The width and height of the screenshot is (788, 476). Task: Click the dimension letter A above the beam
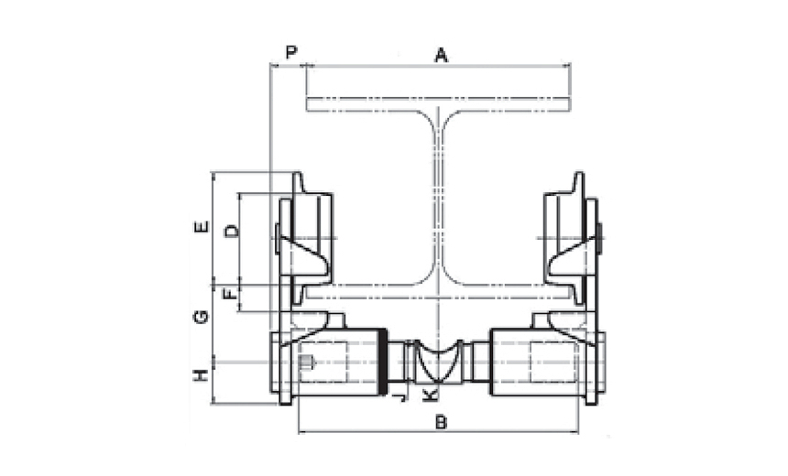tap(441, 55)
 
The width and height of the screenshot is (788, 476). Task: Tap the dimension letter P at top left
tap(291, 51)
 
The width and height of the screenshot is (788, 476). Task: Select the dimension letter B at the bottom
tap(441, 422)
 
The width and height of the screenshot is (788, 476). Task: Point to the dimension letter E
tap(201, 227)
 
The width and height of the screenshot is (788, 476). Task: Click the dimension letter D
tap(231, 231)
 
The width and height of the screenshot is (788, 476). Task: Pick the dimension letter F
tap(230, 293)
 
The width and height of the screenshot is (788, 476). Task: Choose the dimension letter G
tap(201, 317)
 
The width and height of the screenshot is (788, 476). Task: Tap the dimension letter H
tap(201, 375)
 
